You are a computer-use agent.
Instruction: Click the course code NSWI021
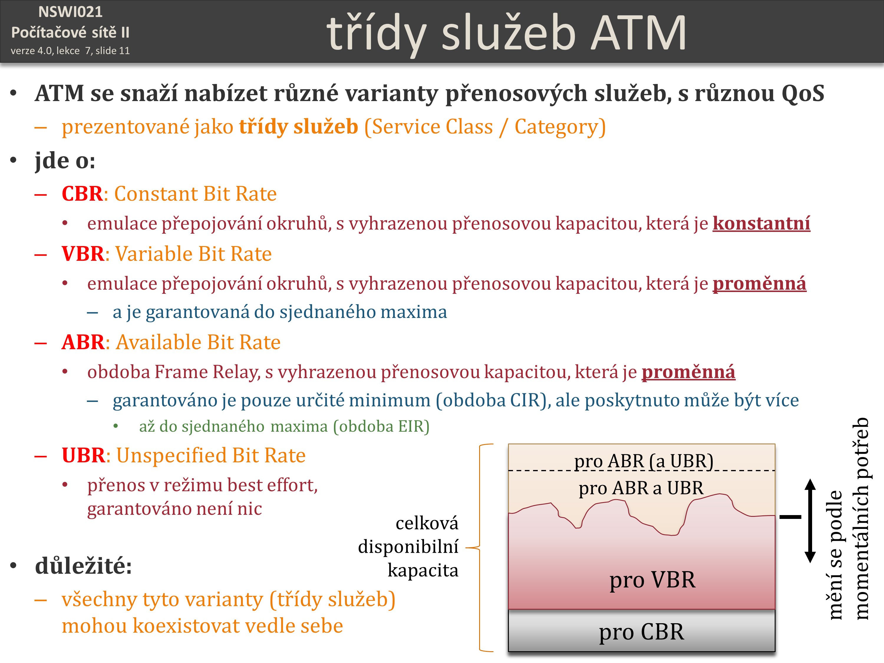(70, 12)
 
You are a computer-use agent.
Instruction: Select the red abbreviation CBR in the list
(82, 194)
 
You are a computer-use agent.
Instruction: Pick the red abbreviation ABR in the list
(83, 342)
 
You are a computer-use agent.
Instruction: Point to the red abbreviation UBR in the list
(83, 456)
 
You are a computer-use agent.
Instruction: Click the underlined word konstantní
(761, 223)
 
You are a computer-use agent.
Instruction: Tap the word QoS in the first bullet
(803, 93)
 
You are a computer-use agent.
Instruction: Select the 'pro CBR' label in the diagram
(641, 632)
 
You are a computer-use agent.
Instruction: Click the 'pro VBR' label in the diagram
(652, 580)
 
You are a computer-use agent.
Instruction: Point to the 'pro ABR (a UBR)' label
(644, 461)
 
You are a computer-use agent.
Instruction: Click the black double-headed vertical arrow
(810, 521)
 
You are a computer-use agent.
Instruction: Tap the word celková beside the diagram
(427, 523)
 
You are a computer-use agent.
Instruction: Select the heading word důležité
(83, 566)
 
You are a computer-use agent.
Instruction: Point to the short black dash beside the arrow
(791, 517)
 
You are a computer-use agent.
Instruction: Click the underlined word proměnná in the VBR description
(759, 284)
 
